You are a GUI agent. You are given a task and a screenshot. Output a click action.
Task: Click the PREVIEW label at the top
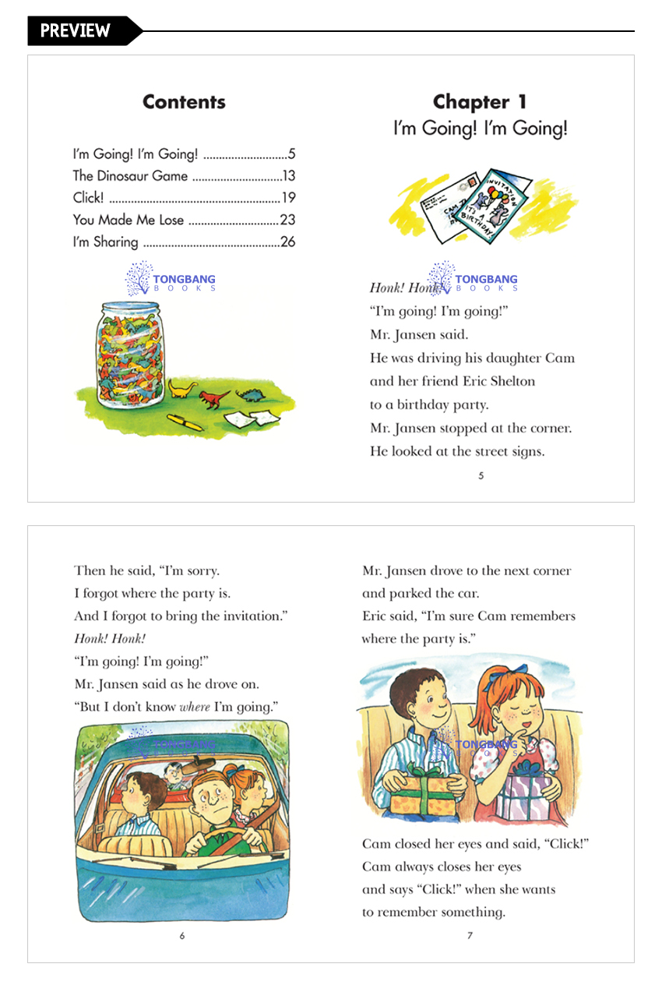[76, 30]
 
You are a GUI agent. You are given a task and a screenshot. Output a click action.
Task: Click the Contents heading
[184, 102]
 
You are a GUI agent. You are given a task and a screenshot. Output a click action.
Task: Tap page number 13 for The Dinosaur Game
[288, 176]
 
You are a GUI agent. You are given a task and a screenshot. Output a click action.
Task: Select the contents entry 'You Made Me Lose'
[129, 220]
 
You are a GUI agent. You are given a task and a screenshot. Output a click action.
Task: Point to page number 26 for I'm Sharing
[287, 242]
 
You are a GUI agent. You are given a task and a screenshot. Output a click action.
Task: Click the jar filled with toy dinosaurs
[130, 352]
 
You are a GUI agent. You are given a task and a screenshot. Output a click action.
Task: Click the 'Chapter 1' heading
[480, 102]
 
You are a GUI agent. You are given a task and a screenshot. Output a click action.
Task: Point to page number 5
[481, 475]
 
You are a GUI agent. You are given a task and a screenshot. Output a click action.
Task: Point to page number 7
[470, 936]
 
